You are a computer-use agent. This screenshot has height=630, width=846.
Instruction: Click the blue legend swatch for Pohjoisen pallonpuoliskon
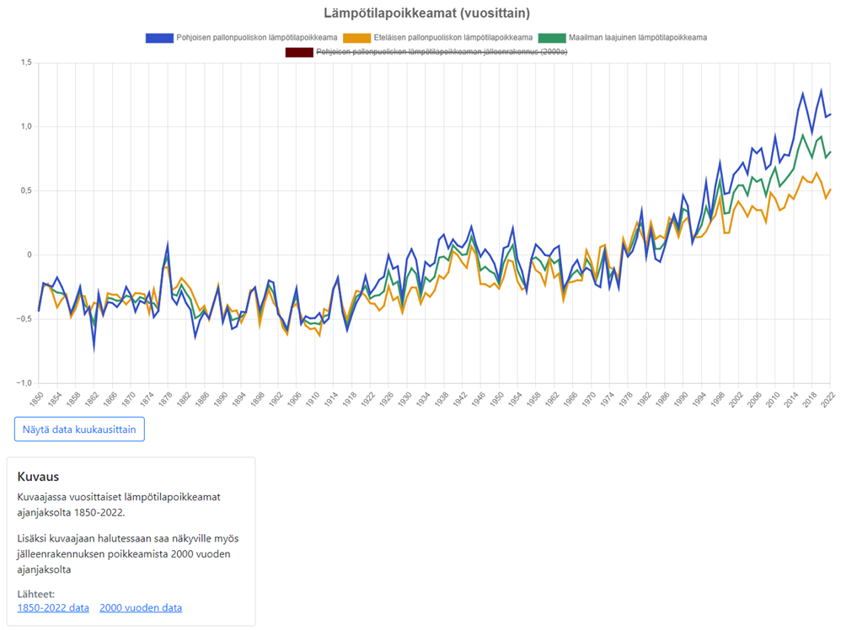[158, 38]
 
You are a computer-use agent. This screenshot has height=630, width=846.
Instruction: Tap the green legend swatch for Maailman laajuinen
[552, 38]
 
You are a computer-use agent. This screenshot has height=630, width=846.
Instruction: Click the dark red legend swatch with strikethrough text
[298, 52]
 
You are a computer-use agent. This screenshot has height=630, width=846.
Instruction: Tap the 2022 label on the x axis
[829, 399]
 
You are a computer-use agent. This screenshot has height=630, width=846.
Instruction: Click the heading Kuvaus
[37, 477]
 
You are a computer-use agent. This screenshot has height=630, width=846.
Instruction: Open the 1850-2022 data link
[53, 608]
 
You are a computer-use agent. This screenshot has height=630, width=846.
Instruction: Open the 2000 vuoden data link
[141, 608]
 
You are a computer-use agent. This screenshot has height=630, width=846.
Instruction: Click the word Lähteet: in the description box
[35, 595]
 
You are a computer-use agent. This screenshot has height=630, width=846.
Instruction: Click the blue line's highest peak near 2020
[821, 90]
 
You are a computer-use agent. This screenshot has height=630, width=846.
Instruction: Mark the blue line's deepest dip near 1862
[94, 349]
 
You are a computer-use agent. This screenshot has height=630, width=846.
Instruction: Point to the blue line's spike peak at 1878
[168, 243]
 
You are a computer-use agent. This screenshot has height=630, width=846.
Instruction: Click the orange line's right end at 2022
[831, 190]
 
